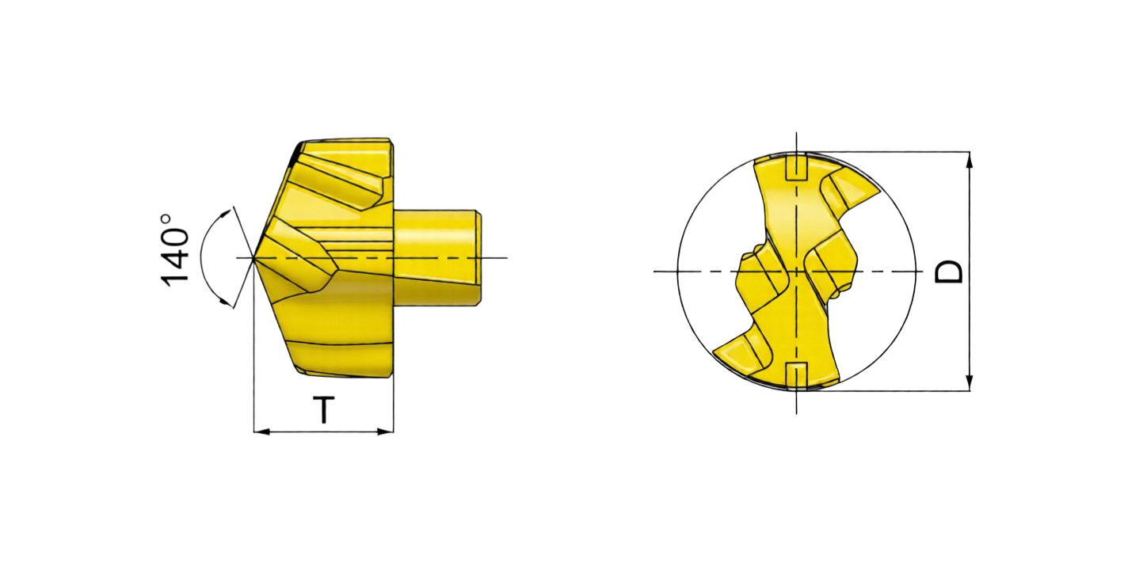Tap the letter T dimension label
pyautogui.click(x=324, y=409)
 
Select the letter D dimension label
pyautogui.click(x=948, y=272)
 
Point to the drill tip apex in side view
pyautogui.click(x=254, y=258)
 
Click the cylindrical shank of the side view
pyautogui.click(x=437, y=257)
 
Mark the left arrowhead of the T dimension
pyautogui.click(x=261, y=431)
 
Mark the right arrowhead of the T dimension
pyautogui.click(x=386, y=431)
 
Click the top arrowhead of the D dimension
pyautogui.click(x=969, y=160)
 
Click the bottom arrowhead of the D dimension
pyautogui.click(x=969, y=383)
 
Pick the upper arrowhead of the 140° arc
pyautogui.click(x=224, y=214)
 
